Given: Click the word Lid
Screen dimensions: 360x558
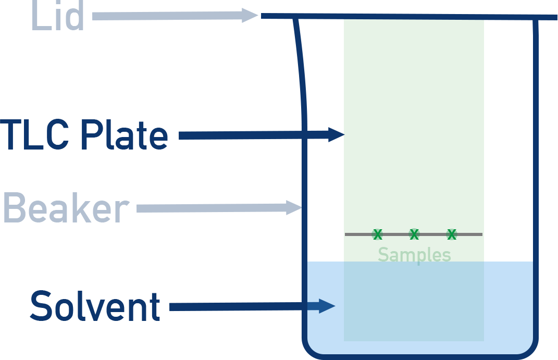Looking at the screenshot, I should (x=57, y=17).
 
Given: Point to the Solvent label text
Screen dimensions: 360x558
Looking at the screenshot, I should (x=95, y=306).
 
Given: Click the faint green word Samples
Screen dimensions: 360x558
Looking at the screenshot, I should (x=414, y=255).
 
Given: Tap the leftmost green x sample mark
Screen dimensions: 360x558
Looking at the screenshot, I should (x=377, y=234).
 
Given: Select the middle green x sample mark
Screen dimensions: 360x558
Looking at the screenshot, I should (x=414, y=234).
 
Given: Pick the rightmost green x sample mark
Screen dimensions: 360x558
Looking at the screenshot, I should (x=452, y=234).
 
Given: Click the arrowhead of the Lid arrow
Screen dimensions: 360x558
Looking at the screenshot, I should (x=250, y=16).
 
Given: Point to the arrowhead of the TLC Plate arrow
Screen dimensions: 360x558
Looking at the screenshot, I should (x=336, y=135).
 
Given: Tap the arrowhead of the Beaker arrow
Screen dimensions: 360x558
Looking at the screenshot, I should (x=294, y=208).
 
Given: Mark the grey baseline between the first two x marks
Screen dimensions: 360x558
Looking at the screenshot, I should (x=396, y=234).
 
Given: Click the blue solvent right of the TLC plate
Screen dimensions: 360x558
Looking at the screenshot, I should (x=508, y=302).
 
